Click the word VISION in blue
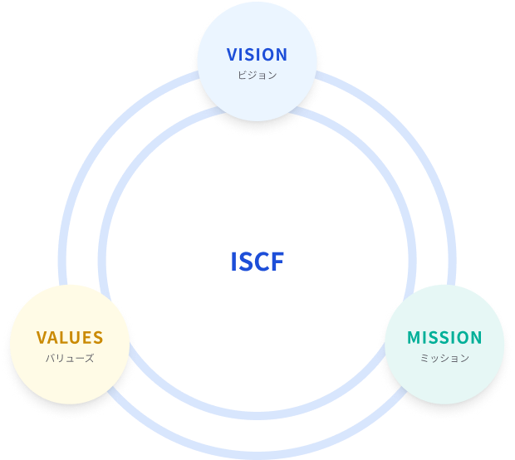[257, 55]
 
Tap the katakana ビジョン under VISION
[257, 75]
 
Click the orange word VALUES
[70, 338]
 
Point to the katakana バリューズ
[70, 359]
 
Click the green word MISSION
[444, 338]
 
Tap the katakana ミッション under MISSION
[444, 359]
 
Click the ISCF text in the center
[257, 262]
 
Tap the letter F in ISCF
[278, 262]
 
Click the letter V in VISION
[233, 55]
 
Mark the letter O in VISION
[269, 55]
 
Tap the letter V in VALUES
[42, 338]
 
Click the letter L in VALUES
[65, 338]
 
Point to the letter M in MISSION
[414, 338]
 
